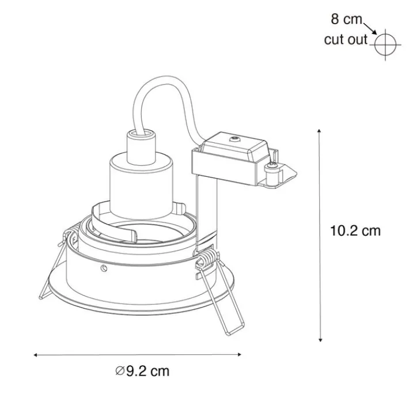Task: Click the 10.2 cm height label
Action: (x=355, y=231)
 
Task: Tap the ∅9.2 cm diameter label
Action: (x=142, y=370)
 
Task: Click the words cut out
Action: (x=344, y=40)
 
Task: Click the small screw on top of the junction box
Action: (x=234, y=139)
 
